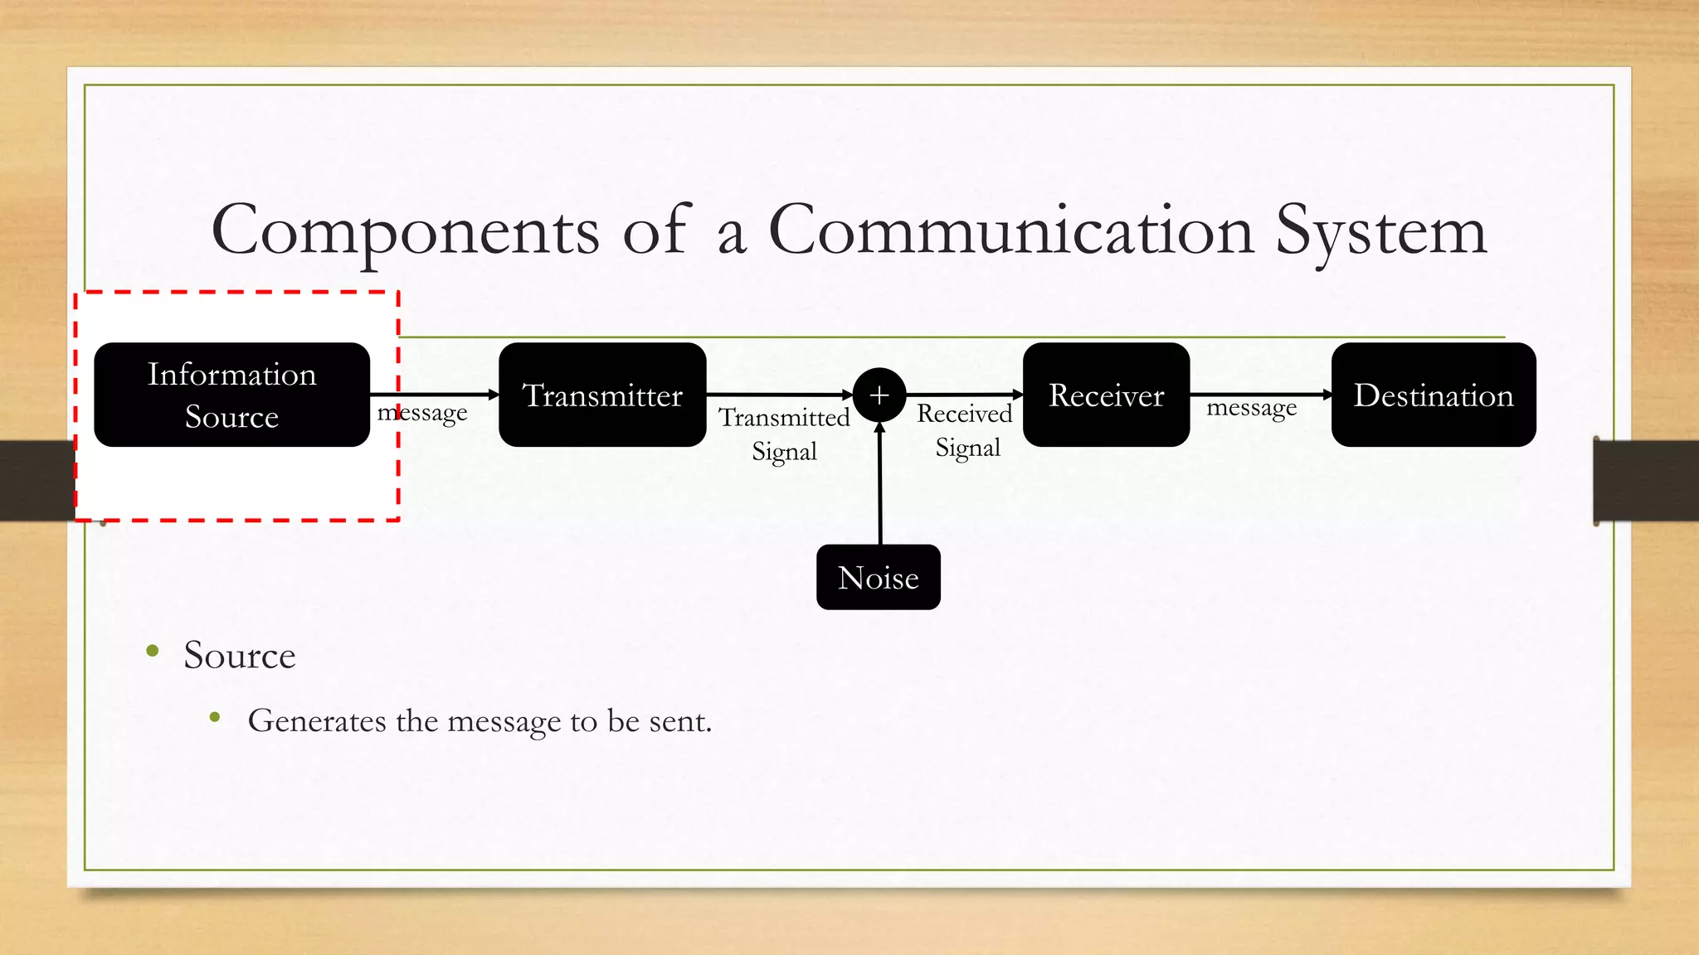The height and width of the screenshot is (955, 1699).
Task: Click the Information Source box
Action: (231, 395)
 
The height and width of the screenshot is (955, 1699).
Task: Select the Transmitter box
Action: (602, 395)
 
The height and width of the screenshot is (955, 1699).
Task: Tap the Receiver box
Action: (1106, 395)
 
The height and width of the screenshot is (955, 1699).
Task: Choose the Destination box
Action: (1433, 395)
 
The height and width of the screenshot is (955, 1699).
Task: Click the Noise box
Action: (878, 577)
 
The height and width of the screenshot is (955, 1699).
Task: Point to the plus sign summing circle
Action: (879, 395)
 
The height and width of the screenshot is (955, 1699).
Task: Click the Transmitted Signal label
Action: (784, 434)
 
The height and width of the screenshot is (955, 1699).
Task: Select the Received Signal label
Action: (966, 429)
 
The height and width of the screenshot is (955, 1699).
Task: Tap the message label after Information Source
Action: (422, 413)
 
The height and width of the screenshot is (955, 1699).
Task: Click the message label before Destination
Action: (1251, 409)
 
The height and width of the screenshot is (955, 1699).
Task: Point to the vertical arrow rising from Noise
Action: (880, 485)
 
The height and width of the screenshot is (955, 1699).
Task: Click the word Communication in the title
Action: (1010, 230)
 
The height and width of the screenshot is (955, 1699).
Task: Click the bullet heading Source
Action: (239, 655)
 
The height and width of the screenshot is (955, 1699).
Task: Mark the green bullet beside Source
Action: (152, 652)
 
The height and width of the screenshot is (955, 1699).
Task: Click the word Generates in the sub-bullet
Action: (317, 720)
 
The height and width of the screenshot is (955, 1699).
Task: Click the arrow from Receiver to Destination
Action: (1260, 395)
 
